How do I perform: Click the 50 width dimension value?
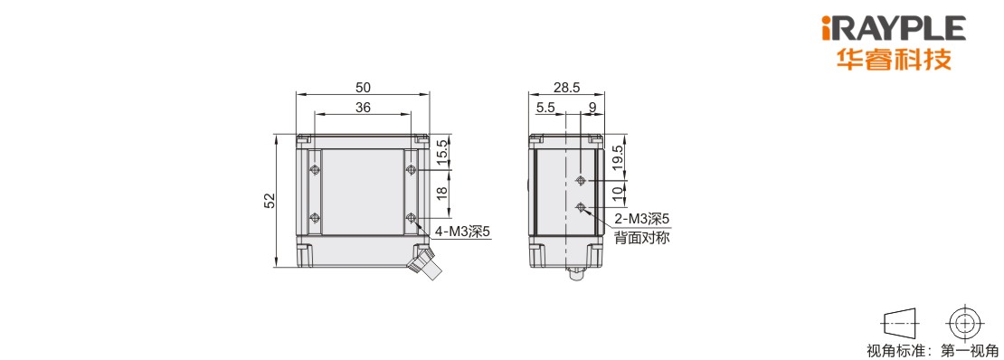tap(363, 87)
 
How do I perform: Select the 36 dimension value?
tap(363, 108)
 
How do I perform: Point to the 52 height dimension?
tap(270, 201)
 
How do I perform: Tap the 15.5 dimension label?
tap(441, 155)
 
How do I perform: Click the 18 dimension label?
tap(441, 194)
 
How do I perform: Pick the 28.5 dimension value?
tap(565, 87)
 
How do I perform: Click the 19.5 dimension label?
tap(617, 157)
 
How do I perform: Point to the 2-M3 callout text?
tap(641, 220)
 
